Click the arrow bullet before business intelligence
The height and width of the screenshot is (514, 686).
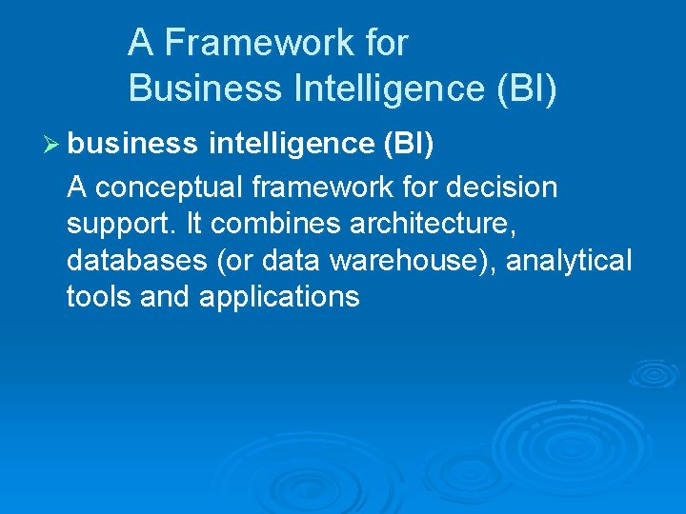pyautogui.click(x=52, y=144)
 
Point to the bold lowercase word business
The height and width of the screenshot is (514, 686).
pyautogui.click(x=132, y=143)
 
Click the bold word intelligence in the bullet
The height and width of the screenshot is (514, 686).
pyautogui.click(x=290, y=143)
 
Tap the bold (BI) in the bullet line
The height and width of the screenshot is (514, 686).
pyautogui.click(x=408, y=143)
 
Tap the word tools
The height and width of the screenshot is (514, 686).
pyautogui.click(x=99, y=296)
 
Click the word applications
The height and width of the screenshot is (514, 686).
pyautogui.click(x=279, y=297)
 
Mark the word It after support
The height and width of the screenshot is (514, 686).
pyautogui.click(x=193, y=224)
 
